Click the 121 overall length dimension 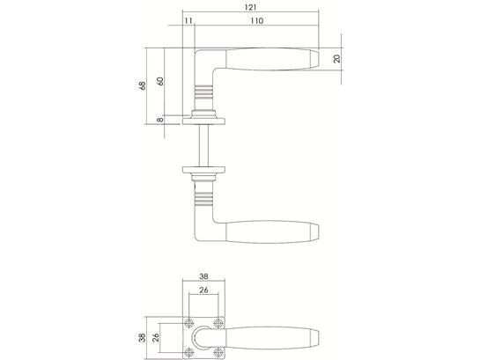250,7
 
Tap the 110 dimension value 257,21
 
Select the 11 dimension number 188,21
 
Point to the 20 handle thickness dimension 336,58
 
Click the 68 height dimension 143,85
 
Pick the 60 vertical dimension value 160,81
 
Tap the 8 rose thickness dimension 160,120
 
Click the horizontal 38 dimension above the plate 203,276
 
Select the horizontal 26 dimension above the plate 203,290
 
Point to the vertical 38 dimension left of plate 143,338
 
